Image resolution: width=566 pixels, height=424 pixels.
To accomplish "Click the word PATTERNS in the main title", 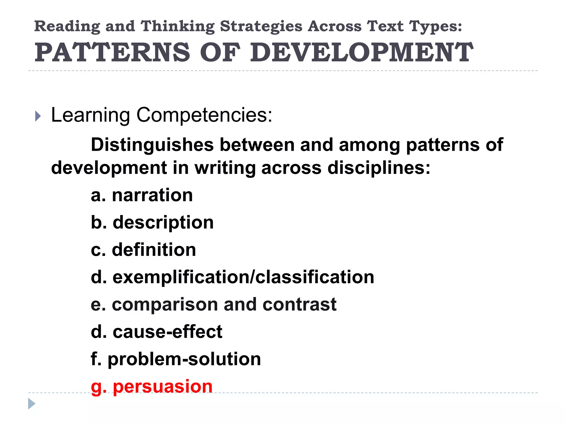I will (112, 52).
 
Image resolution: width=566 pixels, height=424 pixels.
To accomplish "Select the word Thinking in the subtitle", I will (177, 26).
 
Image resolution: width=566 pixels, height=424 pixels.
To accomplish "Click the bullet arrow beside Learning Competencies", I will (38, 116).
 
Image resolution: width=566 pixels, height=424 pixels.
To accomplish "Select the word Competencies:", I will (204, 115).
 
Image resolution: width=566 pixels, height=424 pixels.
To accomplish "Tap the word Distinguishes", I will (152, 145).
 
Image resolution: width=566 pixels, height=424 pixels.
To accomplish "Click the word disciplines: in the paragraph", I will (379, 168).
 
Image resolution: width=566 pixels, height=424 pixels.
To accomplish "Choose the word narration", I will (152, 195).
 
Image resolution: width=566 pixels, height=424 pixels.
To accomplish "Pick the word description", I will (163, 223).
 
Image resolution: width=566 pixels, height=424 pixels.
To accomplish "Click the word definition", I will (154, 250).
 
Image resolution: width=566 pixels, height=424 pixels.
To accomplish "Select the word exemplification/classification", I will (243, 277).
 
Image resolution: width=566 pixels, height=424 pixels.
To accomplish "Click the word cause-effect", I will (167, 332).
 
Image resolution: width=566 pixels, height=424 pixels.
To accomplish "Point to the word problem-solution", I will (184, 359).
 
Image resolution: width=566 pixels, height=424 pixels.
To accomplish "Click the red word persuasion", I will (163, 386).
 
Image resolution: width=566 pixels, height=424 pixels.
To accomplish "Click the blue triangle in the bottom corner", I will (32, 404).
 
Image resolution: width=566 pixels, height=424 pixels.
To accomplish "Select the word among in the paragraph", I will (369, 145).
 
